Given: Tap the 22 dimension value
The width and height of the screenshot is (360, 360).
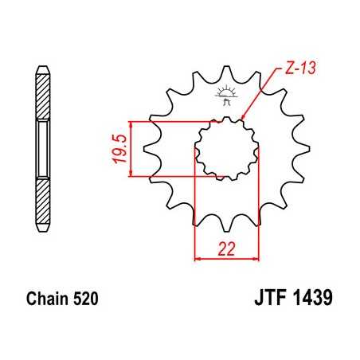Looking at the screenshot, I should [227, 248].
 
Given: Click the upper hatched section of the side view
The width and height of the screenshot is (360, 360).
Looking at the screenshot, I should [41, 95].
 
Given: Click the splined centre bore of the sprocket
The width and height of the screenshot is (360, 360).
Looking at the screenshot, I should [227, 149].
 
